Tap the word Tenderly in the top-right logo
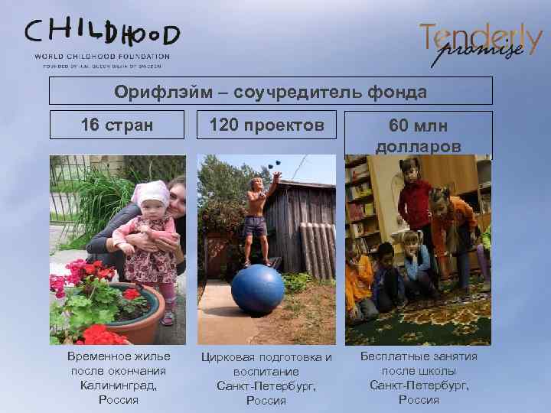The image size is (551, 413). tap(481, 34)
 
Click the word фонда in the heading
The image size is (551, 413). tap(399, 92)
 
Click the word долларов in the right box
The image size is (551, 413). tap(418, 145)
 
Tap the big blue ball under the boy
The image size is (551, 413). tap(257, 289)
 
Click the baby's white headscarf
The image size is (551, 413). tap(151, 193)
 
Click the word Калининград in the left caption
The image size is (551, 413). tap(119, 385)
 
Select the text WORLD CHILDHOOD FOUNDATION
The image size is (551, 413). tap(103, 56)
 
